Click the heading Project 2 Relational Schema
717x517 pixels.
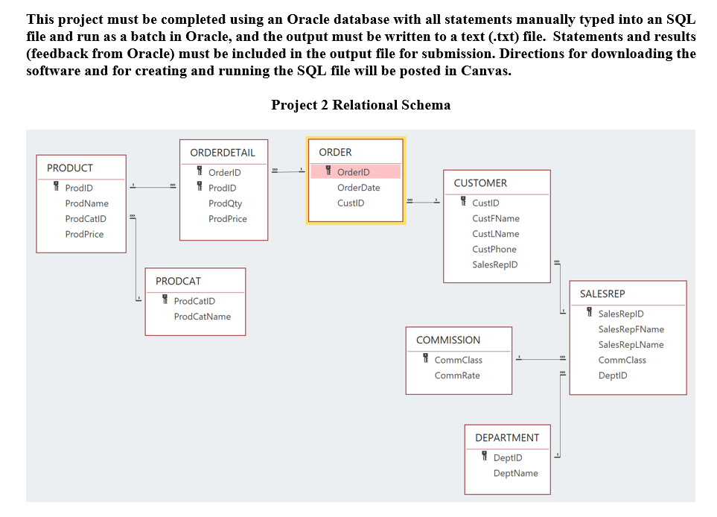click(x=360, y=105)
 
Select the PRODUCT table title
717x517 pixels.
click(x=70, y=168)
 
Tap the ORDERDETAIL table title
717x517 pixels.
click(x=223, y=153)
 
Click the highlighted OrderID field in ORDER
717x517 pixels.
click(x=353, y=172)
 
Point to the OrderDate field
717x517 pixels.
click(x=359, y=188)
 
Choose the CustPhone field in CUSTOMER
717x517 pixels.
click(x=494, y=250)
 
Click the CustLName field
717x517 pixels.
click(x=495, y=234)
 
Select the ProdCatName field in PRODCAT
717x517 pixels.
click(x=202, y=317)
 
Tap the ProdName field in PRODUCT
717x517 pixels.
click(x=86, y=203)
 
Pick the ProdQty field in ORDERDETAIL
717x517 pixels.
click(x=225, y=203)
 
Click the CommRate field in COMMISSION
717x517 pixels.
click(x=457, y=375)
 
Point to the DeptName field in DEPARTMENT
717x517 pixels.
click(x=515, y=473)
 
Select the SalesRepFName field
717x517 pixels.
click(x=631, y=329)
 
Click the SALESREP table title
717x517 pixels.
click(x=602, y=294)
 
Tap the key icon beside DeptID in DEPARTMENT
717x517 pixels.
click(x=484, y=457)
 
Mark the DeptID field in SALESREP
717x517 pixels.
click(x=612, y=375)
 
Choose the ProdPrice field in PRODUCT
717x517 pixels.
click(x=84, y=234)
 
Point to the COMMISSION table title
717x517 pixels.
click(x=448, y=340)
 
